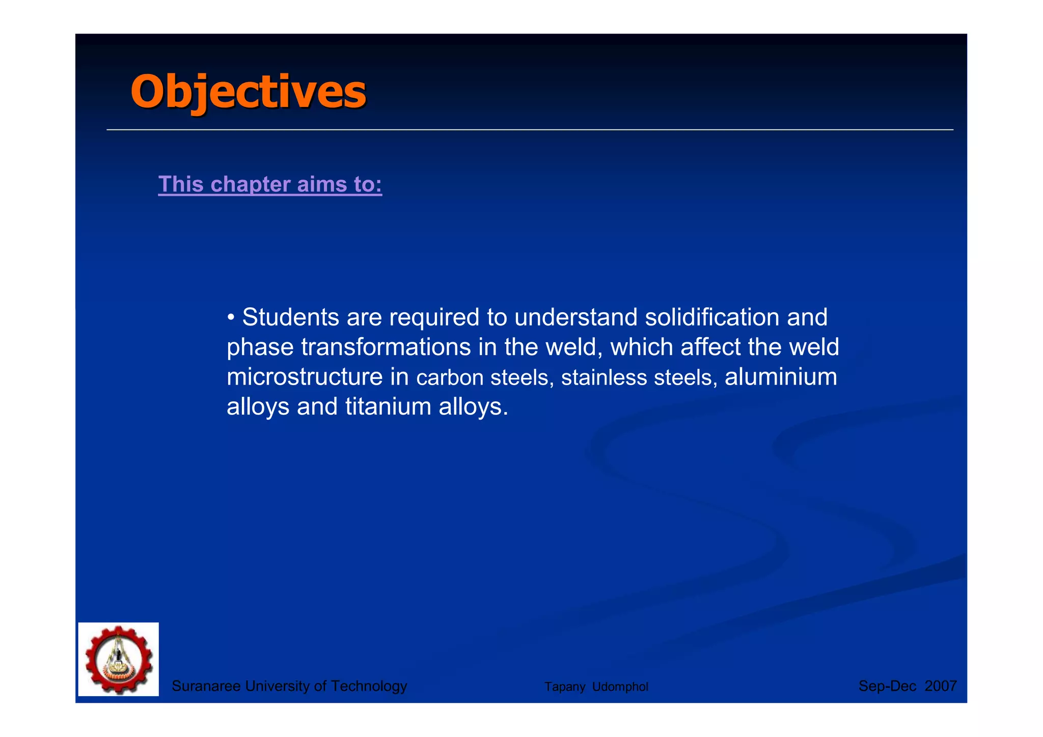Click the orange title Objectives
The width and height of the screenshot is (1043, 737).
pos(248,92)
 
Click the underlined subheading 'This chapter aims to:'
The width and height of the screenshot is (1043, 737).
pos(270,184)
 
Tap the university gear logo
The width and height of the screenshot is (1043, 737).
pos(119,659)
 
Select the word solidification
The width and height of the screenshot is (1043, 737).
pos(712,317)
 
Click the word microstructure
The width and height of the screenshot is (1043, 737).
pos(305,377)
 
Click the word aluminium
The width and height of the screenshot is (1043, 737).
pos(781,377)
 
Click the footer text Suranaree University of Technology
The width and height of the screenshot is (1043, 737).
pos(289,686)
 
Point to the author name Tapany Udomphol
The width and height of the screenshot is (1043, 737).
pos(596,687)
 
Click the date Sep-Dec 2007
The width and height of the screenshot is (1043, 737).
pos(907,686)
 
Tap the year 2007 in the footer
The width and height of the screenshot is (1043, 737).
pos(941,686)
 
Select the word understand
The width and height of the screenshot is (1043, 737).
pos(576,317)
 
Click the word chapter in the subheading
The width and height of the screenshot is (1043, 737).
pos(251,184)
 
